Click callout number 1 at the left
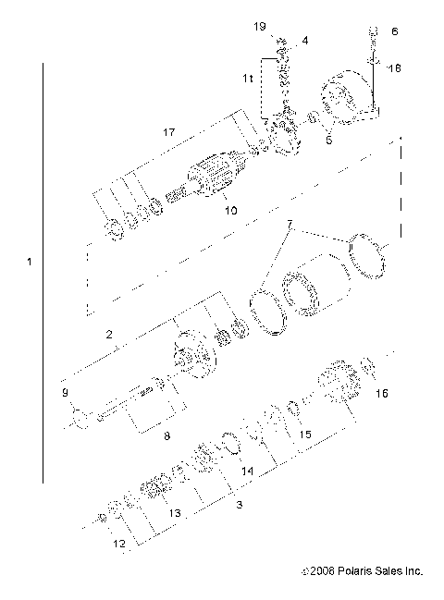pos(30,263)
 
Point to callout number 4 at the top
pos(306,42)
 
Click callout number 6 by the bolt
pos(395,31)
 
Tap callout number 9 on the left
pos(65,394)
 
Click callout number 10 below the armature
pos(230,211)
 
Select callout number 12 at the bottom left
pos(119,545)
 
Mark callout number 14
pos(245,471)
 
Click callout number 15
pos(306,434)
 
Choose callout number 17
pos(168,133)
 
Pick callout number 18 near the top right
pos(395,67)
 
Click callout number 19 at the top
pos(261,28)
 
